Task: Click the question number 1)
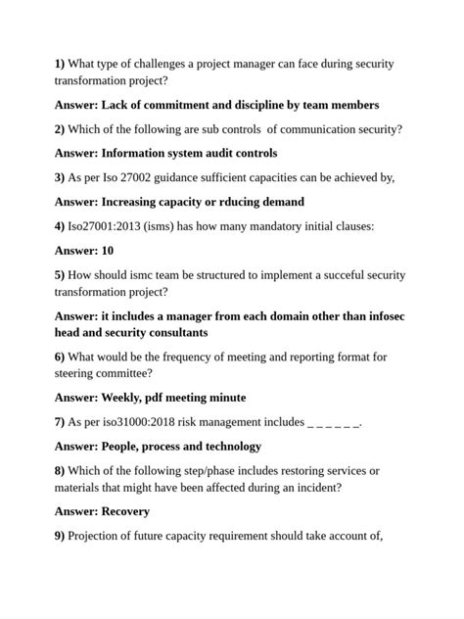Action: (60, 65)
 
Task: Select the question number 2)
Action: (60, 129)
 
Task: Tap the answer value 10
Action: (108, 251)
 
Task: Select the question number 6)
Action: (60, 357)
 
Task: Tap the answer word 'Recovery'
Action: (125, 510)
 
